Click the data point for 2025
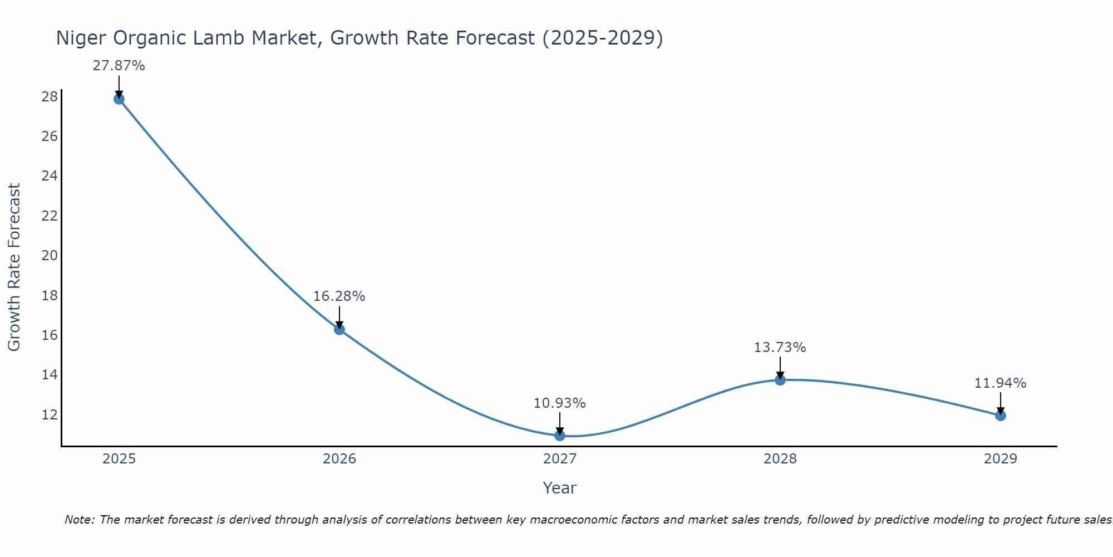[x=119, y=99]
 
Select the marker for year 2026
[x=339, y=329]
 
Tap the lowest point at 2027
[x=560, y=436]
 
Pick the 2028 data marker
[x=780, y=380]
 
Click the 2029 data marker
[x=1001, y=416]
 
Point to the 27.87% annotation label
[x=119, y=66]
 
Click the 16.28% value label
[x=339, y=296]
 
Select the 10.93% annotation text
[x=559, y=403]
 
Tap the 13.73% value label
[x=780, y=348]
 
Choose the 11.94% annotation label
[x=1000, y=383]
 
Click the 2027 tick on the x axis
[x=560, y=459]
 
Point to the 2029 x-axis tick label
[x=1001, y=459]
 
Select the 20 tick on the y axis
[x=50, y=256]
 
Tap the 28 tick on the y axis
[x=50, y=97]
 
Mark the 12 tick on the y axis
[x=50, y=415]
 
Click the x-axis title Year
[x=559, y=488]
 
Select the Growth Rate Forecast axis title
[x=14, y=267]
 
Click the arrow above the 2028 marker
[x=780, y=368]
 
